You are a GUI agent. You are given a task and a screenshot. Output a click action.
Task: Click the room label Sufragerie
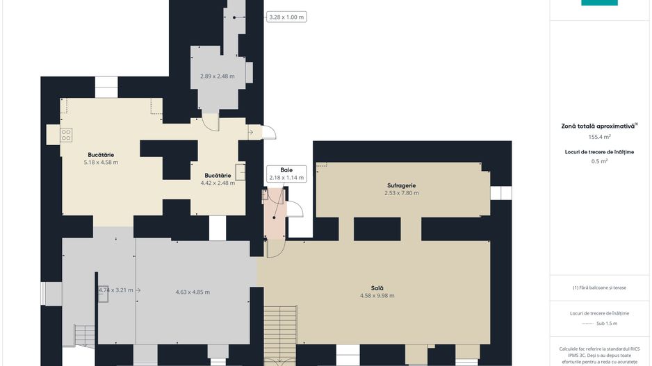point(401,185)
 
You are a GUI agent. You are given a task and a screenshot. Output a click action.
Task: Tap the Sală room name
point(377,288)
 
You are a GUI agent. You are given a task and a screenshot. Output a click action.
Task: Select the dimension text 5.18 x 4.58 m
point(101,163)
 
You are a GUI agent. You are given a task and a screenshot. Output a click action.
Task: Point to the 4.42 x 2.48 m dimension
point(218,183)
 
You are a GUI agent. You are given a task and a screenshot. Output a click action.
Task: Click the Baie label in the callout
point(286,170)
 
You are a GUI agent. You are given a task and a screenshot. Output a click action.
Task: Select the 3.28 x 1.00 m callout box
point(286,17)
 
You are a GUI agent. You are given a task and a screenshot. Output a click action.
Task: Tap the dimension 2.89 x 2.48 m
point(217,76)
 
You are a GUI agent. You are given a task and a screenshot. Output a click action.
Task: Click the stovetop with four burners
point(66,135)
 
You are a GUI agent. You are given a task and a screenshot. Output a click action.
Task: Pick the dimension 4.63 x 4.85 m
point(193,292)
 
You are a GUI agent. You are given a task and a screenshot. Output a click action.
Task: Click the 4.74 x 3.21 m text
point(116,290)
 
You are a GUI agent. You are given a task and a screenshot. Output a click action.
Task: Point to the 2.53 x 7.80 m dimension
point(402,193)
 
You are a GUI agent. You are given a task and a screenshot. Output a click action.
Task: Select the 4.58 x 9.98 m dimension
point(377,296)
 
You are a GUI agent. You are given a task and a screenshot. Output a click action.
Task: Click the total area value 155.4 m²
point(599,137)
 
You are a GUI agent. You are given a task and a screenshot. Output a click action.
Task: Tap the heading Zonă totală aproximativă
point(598,126)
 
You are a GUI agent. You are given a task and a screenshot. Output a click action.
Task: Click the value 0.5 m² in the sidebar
point(599,161)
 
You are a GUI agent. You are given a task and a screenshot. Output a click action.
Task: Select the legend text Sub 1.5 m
point(607,323)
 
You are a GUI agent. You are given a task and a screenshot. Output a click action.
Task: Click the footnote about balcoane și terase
point(599,288)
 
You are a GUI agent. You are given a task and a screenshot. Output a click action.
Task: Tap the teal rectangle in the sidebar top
point(599,3)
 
